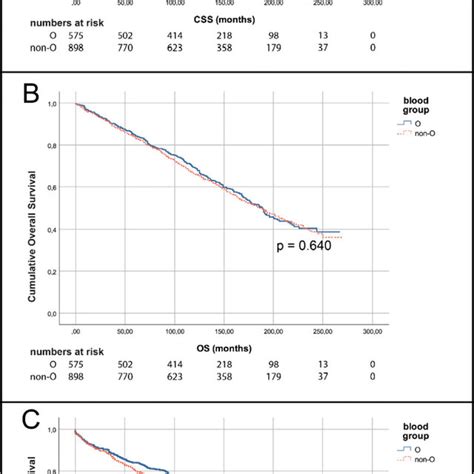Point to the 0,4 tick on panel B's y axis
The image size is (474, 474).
[52, 229]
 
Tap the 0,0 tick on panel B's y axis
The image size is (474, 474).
[52, 314]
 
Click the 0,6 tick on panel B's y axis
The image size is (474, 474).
[52, 187]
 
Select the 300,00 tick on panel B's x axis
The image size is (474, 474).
[373, 332]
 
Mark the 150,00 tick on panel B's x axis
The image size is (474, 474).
[224, 332]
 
